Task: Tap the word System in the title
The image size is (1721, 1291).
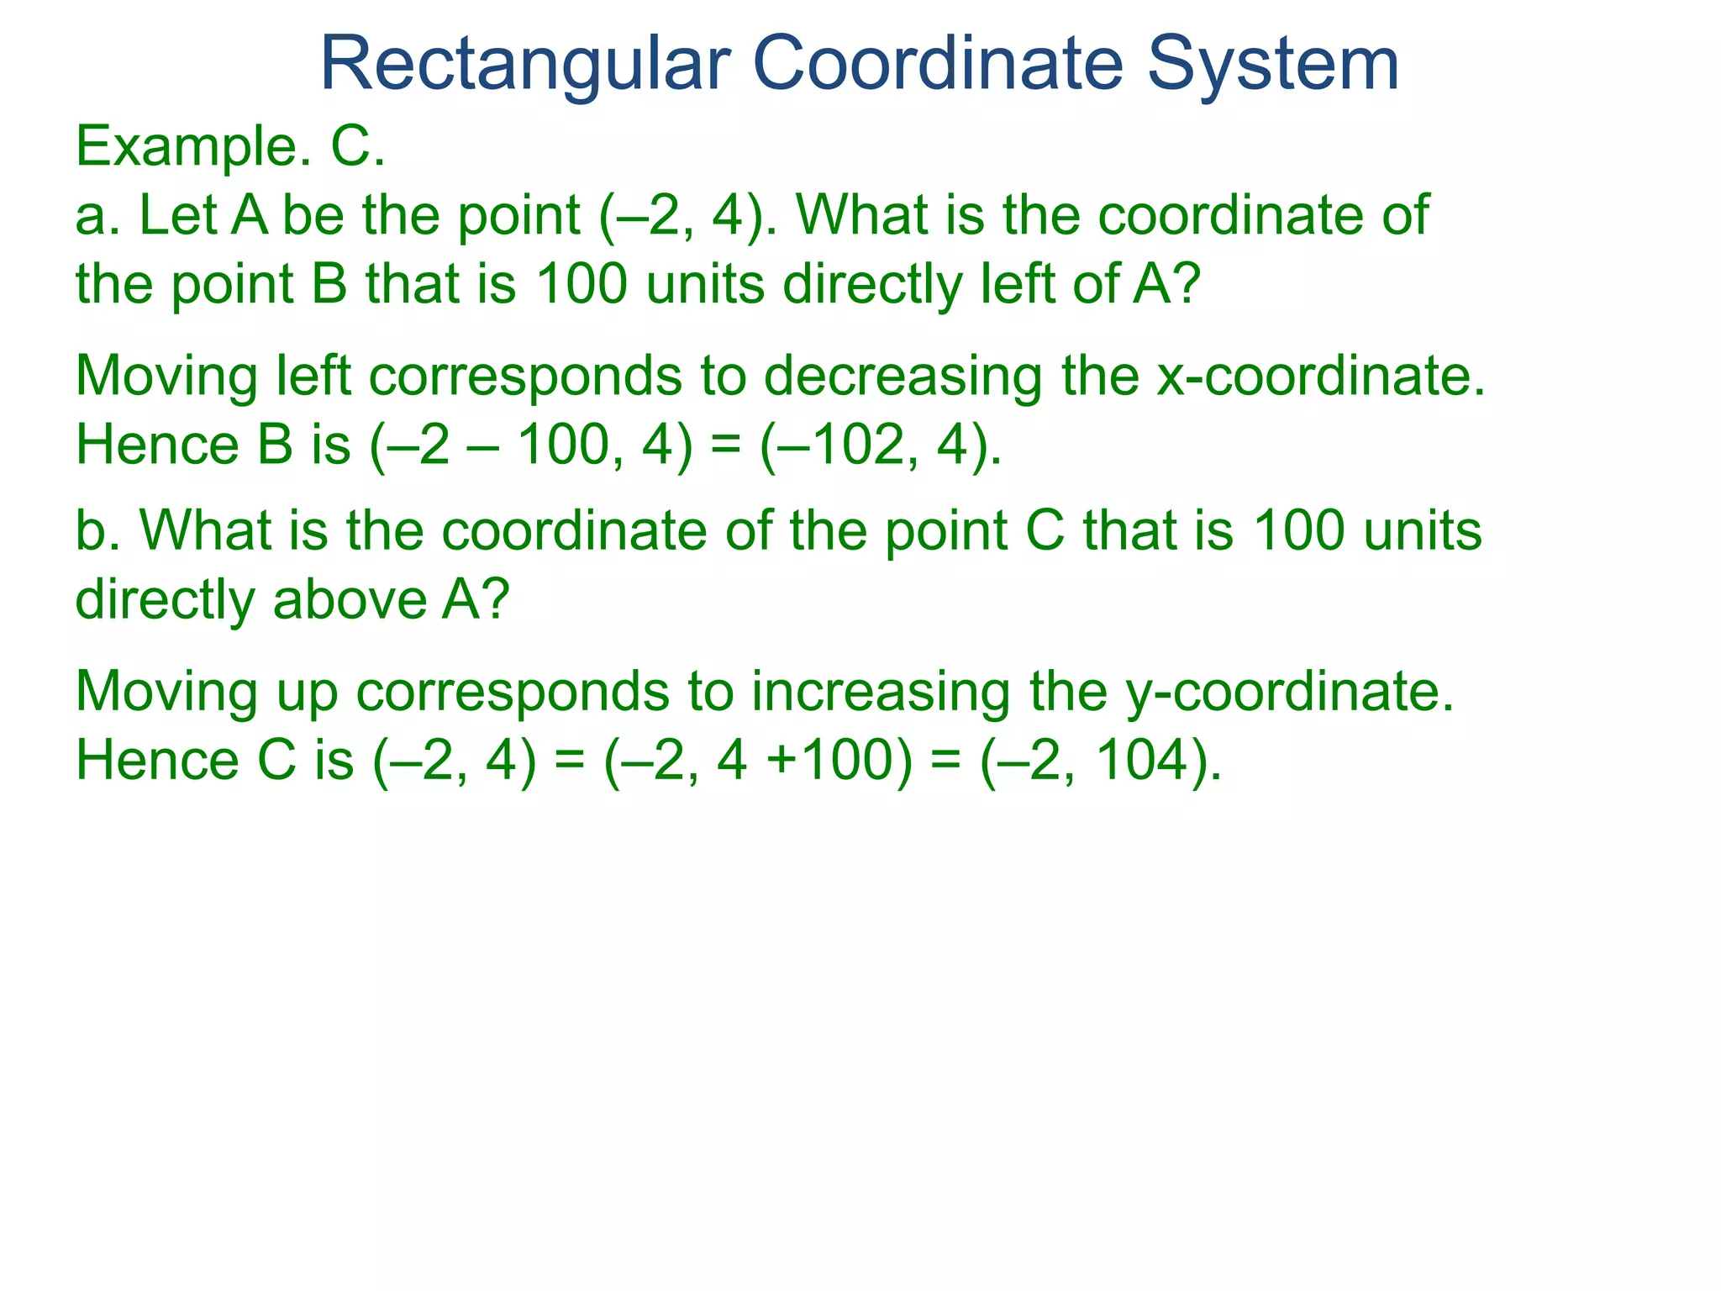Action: [1272, 66]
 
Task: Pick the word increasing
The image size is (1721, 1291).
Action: [880, 692]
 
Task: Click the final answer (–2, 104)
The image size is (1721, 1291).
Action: [1100, 761]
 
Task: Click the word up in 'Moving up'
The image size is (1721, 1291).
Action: [308, 692]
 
